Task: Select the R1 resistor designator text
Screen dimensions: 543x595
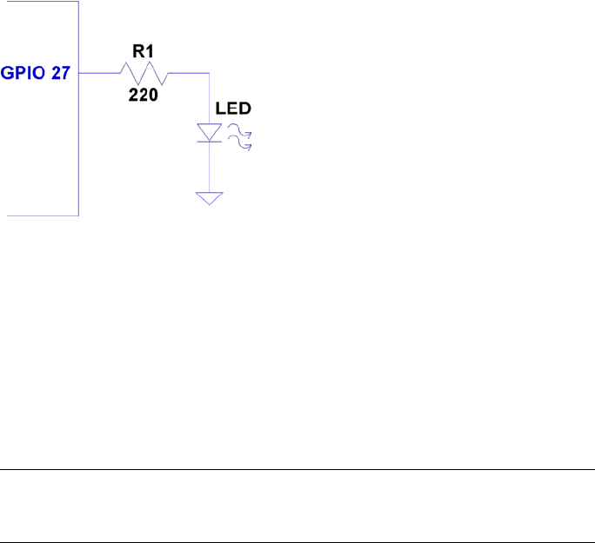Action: point(143,52)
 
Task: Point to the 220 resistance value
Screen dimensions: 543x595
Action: point(144,96)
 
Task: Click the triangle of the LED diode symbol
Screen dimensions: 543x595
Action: point(209,132)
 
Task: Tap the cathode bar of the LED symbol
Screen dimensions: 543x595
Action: point(209,142)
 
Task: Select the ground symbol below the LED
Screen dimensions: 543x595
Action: point(209,198)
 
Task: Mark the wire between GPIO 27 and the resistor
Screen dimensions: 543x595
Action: point(97,74)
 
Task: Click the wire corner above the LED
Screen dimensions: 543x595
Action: point(209,74)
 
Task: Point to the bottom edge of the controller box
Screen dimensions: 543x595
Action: point(43,215)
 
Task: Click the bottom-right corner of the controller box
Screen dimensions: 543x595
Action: point(79,215)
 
